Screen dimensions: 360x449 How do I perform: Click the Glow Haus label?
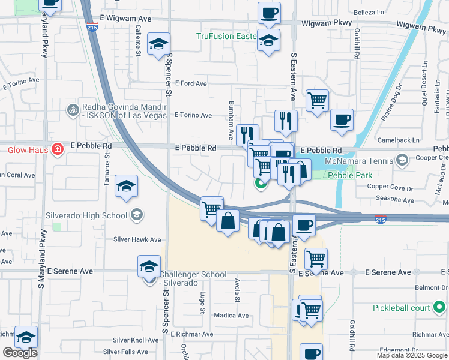click(x=23, y=150)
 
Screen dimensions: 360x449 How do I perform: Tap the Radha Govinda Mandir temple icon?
click(x=73, y=110)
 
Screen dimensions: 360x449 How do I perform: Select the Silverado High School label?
click(x=86, y=215)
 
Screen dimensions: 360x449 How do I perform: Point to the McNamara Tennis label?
click(x=358, y=161)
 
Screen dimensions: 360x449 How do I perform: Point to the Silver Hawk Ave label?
click(x=137, y=239)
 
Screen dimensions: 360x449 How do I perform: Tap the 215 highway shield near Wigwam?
click(x=92, y=27)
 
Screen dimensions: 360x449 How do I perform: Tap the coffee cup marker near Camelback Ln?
click(x=342, y=119)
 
